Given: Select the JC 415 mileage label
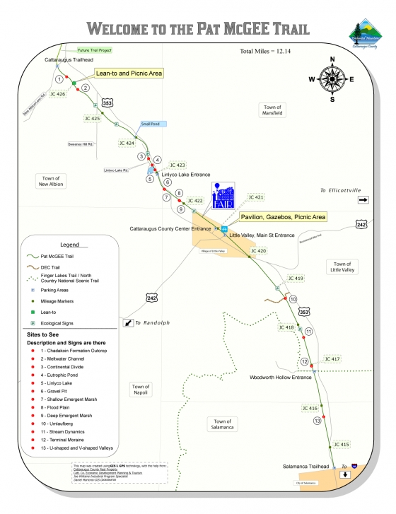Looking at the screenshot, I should [x=339, y=444].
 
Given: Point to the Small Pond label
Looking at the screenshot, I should [x=150, y=124].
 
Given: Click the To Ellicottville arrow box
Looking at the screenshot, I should [x=363, y=200].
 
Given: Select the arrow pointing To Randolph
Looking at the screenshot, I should [x=129, y=322].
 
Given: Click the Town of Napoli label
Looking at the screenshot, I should [x=141, y=390].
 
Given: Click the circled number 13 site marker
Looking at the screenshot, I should [x=318, y=421].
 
